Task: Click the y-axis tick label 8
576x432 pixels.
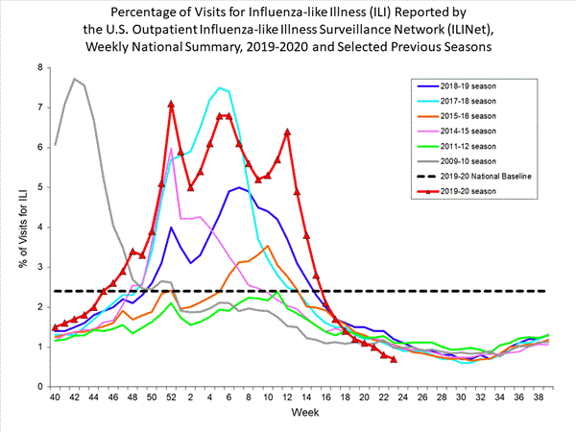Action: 40,67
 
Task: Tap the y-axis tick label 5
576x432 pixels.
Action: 40,187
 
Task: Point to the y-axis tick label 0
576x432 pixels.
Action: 40,386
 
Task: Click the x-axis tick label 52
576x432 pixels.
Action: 171,396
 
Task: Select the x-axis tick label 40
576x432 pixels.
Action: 56,396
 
